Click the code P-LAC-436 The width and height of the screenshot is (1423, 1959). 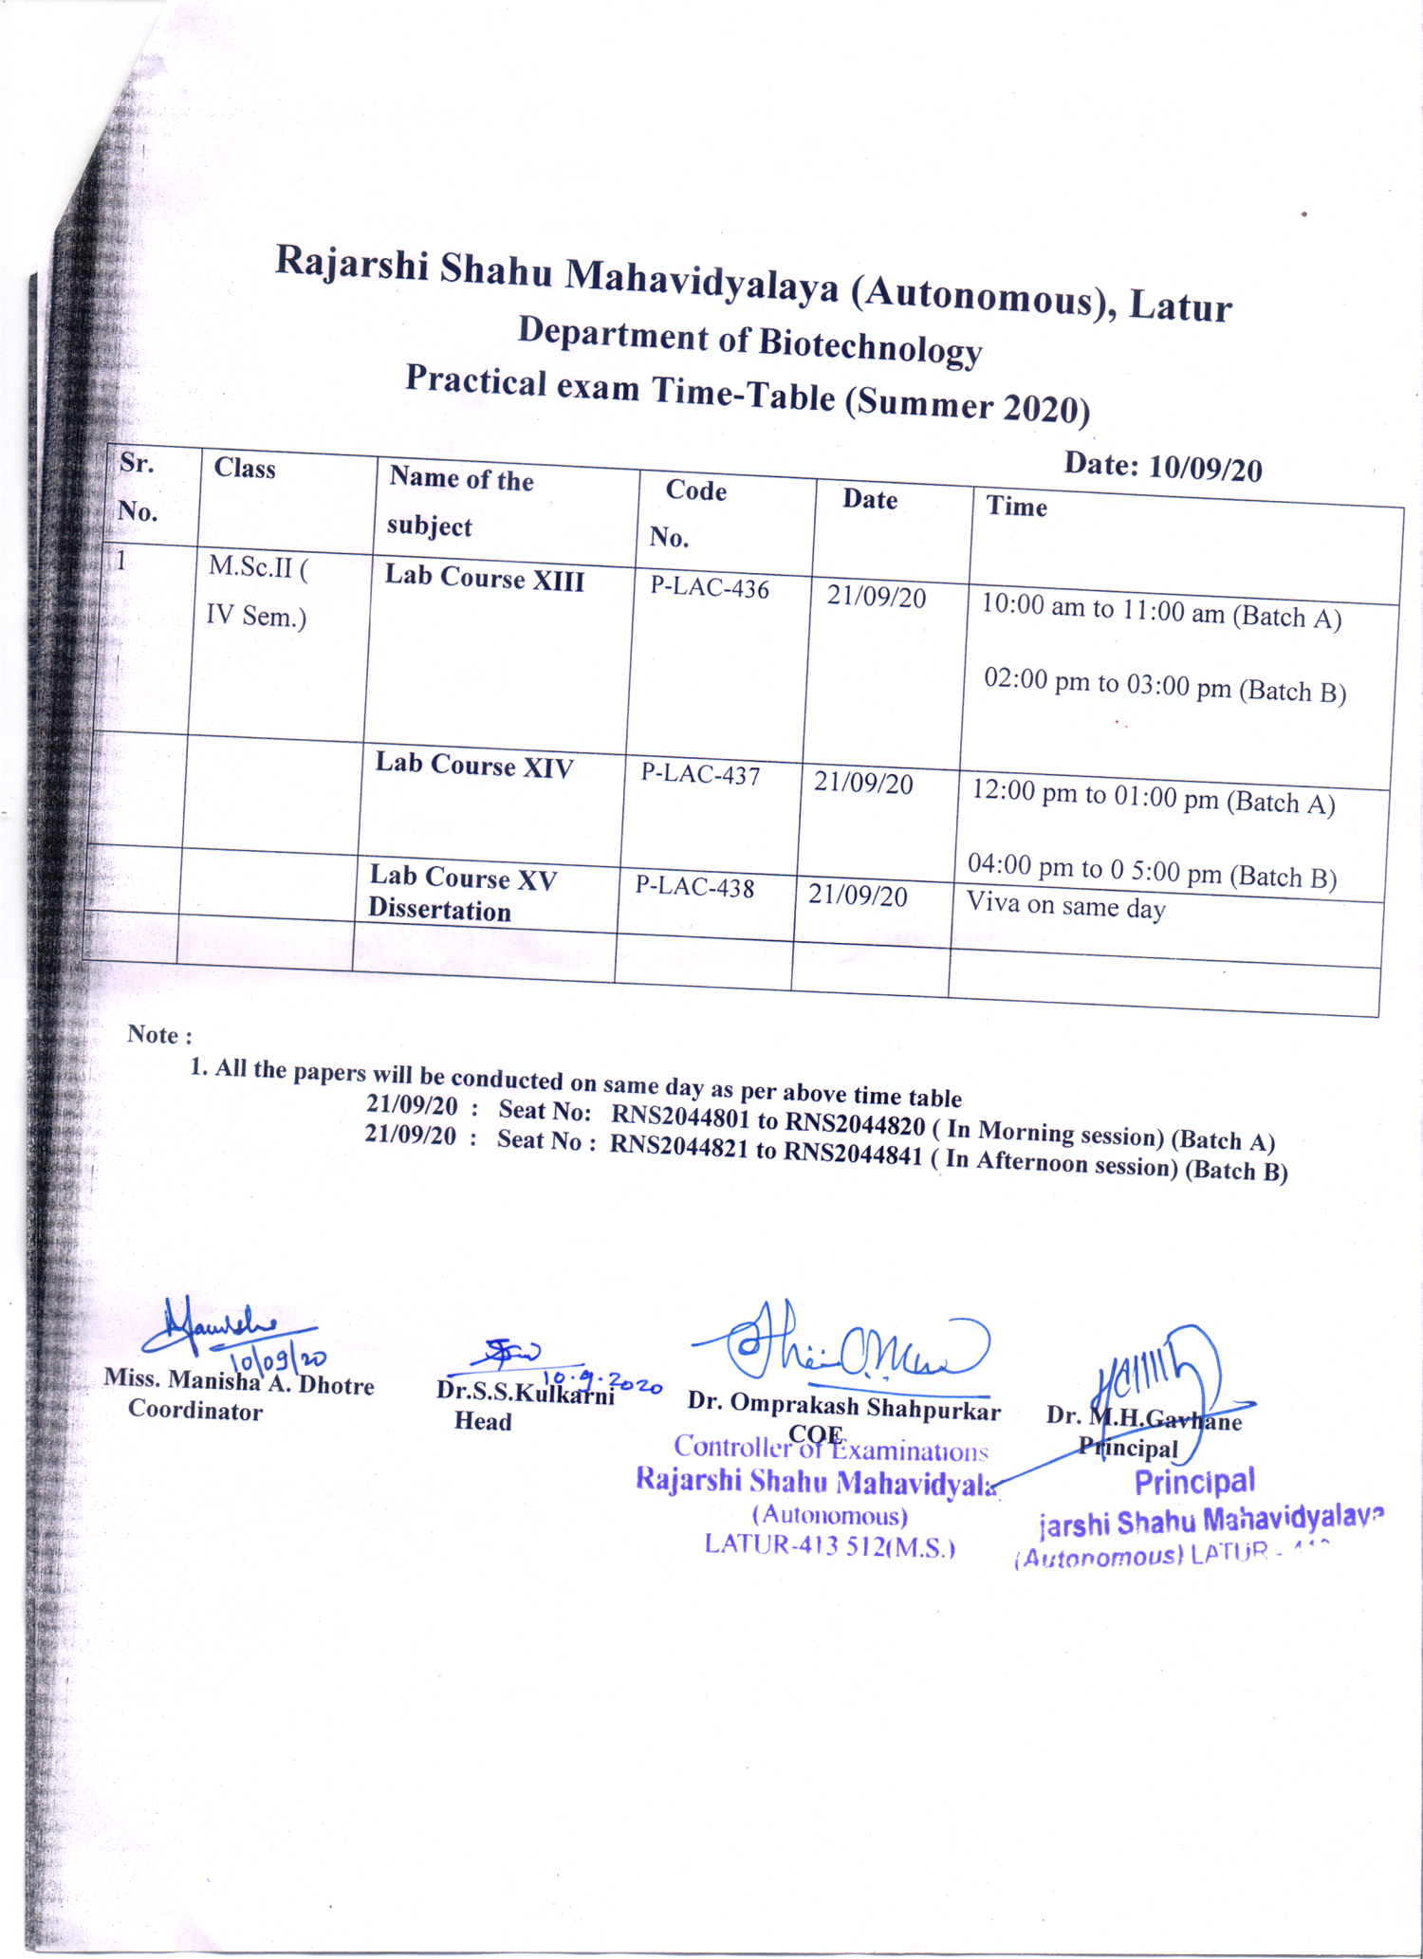709,588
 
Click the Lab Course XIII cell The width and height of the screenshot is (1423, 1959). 484,579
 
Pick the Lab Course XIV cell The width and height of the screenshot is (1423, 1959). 473,766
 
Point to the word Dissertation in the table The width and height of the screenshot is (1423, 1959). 439,911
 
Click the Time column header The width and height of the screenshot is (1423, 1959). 1016,507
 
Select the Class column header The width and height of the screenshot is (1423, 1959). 245,469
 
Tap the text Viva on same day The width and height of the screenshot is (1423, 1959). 1065,906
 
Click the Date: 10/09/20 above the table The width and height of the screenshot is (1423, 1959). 1162,467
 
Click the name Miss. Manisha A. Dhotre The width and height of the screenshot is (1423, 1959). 238,1382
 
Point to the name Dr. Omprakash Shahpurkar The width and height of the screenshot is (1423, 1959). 843,1407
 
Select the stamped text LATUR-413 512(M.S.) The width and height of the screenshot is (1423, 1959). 829,1546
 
